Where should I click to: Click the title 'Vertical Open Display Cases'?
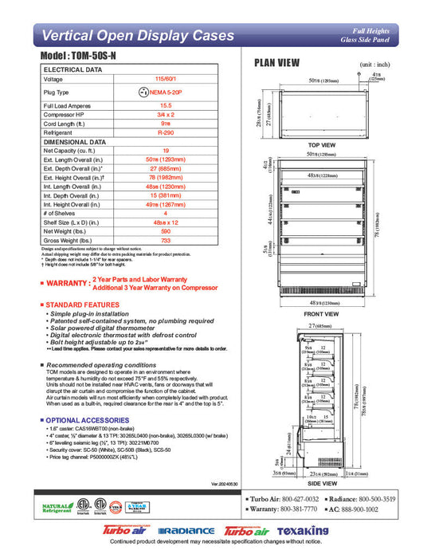(137, 36)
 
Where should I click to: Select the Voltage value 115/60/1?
(166, 80)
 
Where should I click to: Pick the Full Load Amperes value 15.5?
(166, 105)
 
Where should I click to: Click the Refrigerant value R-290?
(166, 133)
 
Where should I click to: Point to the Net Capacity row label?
(72, 150)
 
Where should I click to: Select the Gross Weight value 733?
(166, 240)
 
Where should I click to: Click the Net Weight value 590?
(166, 231)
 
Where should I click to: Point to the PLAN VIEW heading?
(277, 63)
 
